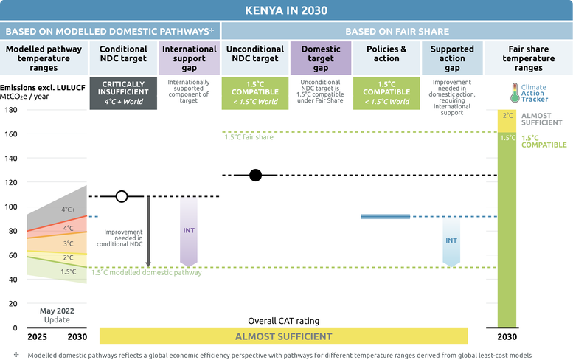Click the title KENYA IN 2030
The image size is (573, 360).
[286, 10]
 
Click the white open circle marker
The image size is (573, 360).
[122, 196]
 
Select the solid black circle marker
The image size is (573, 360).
[255, 175]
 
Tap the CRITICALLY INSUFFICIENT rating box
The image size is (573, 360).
[122, 92]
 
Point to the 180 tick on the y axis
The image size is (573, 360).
[11, 110]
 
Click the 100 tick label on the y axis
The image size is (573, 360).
[11, 207]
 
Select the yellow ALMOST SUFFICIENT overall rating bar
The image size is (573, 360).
[283, 336]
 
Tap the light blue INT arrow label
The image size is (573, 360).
[451, 241]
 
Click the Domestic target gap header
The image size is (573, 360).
[320, 58]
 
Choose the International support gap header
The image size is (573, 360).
[189, 58]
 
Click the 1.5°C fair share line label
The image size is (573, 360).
[249, 136]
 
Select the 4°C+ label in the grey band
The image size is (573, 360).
[68, 210]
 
